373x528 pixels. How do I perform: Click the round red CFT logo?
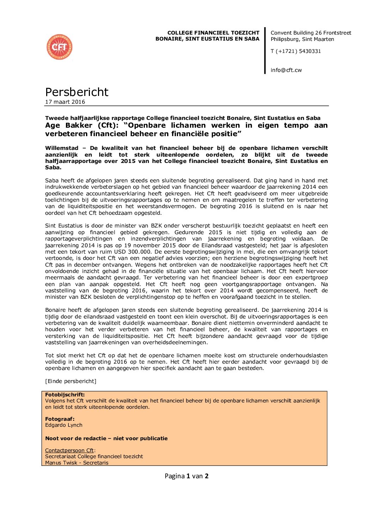click(60, 47)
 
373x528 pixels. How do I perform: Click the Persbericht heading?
click(77, 92)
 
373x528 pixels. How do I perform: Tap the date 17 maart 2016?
click(65, 102)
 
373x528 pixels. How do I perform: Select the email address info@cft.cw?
click(286, 70)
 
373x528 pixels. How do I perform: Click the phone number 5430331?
click(310, 51)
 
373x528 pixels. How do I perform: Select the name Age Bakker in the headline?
click(69, 126)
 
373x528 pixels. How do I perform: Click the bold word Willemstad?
click(62, 148)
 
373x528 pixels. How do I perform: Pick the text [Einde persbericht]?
click(71, 381)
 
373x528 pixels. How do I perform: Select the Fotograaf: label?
click(60, 419)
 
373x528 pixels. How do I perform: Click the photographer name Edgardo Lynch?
click(64, 425)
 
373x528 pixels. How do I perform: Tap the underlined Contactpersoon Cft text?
click(69, 450)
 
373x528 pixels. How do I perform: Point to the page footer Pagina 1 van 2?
click(186, 476)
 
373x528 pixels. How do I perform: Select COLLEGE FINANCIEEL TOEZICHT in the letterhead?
click(213, 33)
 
